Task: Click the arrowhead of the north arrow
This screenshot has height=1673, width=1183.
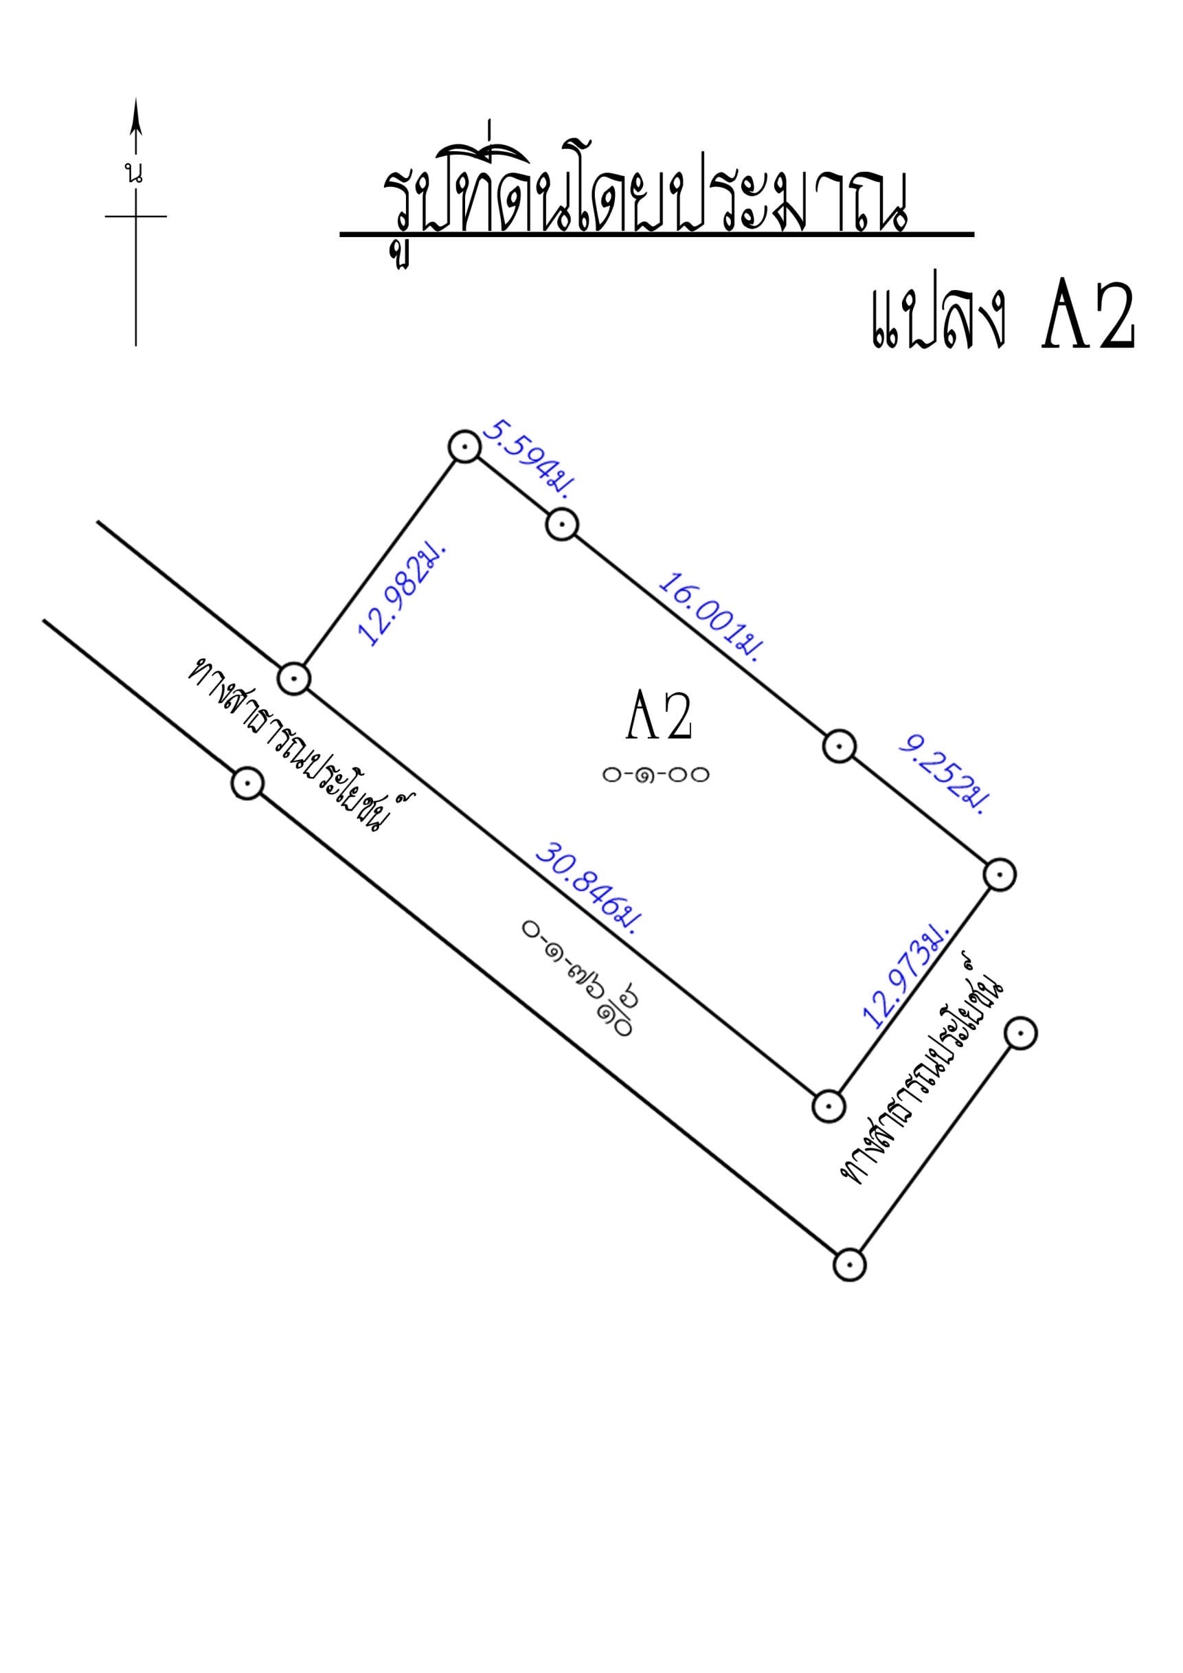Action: pos(135,118)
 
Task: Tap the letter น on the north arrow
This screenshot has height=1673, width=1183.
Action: pos(134,174)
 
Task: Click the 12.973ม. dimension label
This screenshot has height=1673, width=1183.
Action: pos(906,976)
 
